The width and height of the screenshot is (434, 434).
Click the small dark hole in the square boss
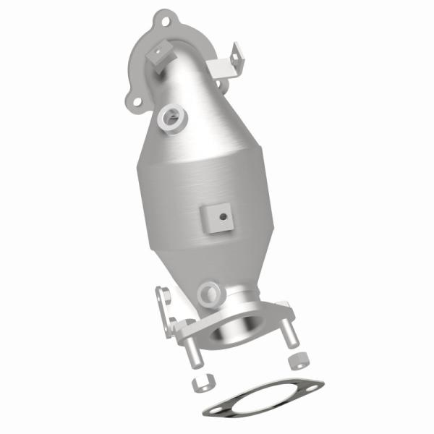[x=223, y=216]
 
